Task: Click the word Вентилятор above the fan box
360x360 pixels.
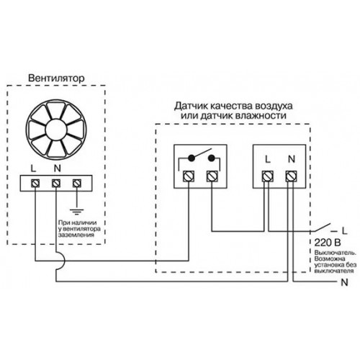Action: pos(56,78)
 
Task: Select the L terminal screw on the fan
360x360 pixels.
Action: pos(35,184)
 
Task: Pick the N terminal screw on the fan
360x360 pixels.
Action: pos(56,184)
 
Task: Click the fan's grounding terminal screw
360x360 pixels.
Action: pos(77,184)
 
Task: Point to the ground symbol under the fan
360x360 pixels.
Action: pos(77,212)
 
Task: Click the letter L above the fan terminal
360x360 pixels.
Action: pos(33,168)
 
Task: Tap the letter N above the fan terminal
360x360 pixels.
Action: pos(58,168)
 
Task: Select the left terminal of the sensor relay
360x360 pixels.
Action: pos(189,176)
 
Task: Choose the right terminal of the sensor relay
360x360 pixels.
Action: pos(212,176)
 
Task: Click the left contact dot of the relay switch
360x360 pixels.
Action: pos(192,158)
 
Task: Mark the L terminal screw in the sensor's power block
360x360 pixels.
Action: pos(267,176)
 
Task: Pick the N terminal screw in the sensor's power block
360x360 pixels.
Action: pos(292,176)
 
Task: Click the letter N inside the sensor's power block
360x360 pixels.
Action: pos(292,159)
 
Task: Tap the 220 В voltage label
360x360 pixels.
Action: pos(328,243)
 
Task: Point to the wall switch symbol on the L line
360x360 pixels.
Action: pos(323,228)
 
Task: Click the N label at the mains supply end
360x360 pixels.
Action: pos(344,282)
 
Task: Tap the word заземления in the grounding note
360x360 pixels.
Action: pos(76,235)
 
